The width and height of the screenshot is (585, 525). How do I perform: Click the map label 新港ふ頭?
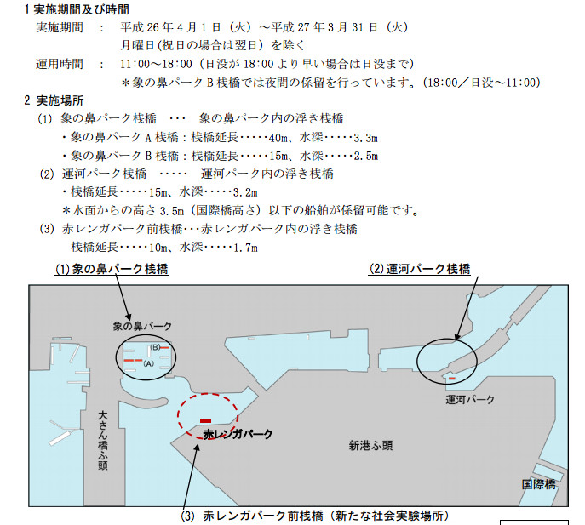click(x=370, y=446)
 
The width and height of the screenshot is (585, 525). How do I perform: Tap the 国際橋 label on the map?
click(x=538, y=484)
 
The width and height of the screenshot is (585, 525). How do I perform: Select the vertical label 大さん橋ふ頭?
click(x=102, y=441)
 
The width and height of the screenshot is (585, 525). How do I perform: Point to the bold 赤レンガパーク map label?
click(x=238, y=434)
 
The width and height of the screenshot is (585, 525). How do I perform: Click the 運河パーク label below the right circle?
click(x=470, y=400)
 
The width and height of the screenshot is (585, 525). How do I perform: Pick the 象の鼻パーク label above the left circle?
click(x=142, y=326)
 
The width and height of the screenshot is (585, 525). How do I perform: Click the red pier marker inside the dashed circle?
click(x=205, y=420)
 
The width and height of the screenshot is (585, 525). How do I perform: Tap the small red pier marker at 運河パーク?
click(x=452, y=379)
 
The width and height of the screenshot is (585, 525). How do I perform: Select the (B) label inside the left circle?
click(x=155, y=347)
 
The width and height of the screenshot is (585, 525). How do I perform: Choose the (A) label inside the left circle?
click(x=148, y=363)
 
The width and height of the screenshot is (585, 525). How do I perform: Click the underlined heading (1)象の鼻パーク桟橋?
click(x=112, y=269)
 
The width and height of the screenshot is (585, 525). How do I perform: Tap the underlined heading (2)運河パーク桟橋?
click(x=419, y=269)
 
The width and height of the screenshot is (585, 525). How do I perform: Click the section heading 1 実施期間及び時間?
click(x=77, y=9)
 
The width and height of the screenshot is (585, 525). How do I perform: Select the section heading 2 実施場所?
click(x=54, y=100)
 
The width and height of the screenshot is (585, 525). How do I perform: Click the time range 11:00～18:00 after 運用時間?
click(x=157, y=64)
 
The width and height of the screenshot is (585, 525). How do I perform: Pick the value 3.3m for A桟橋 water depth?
click(x=365, y=138)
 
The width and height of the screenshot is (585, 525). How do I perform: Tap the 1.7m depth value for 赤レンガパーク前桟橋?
click(x=245, y=248)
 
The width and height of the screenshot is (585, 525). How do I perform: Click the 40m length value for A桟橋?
click(x=278, y=138)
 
